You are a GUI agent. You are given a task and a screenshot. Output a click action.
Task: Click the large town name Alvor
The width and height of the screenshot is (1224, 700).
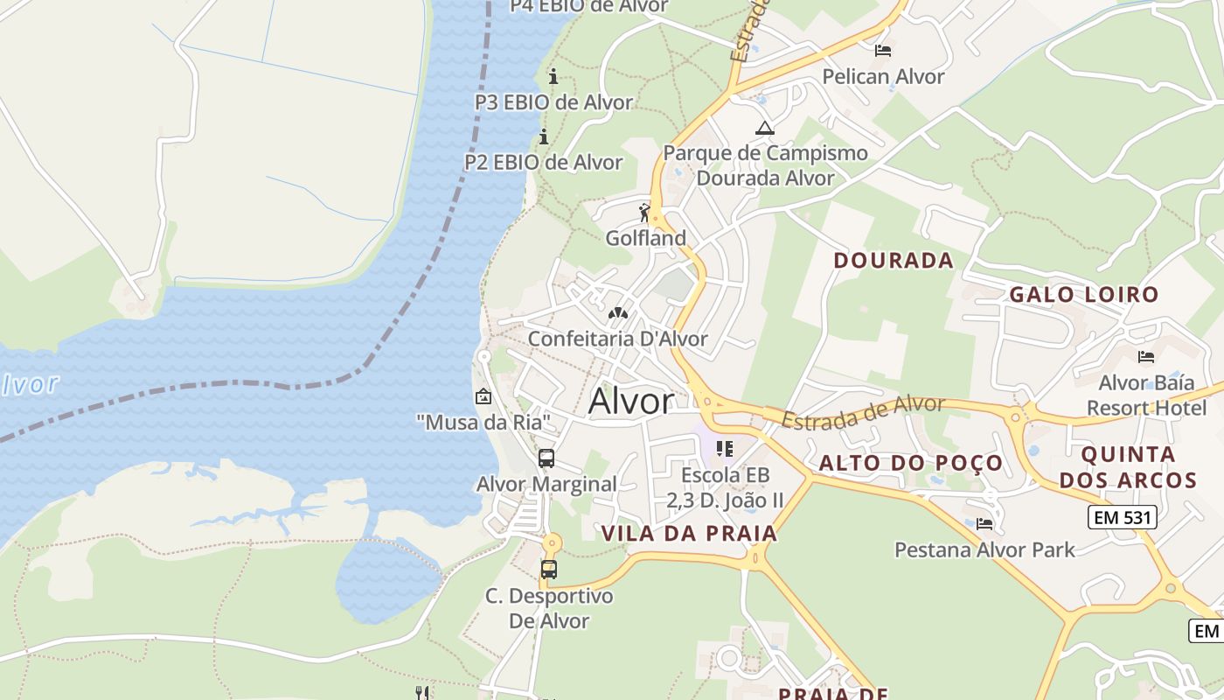(631, 402)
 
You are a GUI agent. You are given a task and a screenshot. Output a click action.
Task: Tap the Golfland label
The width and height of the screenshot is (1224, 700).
(646, 238)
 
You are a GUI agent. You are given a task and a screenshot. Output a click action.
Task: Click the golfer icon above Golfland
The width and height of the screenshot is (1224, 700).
(645, 213)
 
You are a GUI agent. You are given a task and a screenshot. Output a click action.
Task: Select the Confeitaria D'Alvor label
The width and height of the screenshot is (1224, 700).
(617, 339)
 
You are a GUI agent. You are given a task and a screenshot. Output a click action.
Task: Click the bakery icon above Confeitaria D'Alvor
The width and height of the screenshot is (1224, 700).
(617, 312)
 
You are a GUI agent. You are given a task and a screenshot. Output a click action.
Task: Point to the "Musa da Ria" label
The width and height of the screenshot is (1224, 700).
(483, 423)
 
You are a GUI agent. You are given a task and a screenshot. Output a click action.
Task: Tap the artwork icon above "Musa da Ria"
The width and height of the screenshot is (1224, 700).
(483, 396)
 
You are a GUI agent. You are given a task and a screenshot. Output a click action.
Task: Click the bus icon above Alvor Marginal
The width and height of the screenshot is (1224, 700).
(546, 458)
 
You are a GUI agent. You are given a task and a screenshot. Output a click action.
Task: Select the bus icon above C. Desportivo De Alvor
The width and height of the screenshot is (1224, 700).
(549, 570)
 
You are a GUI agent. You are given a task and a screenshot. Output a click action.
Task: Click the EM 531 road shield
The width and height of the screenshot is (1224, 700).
(1123, 517)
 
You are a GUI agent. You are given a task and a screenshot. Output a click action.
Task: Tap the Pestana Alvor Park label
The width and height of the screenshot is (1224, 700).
(984, 549)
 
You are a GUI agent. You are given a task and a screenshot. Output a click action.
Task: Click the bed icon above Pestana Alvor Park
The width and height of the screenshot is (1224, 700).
(984, 524)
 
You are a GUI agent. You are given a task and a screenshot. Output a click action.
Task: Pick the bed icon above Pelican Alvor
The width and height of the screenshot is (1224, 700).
(883, 51)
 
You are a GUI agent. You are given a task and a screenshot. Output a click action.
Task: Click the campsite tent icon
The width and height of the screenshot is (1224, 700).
(765, 128)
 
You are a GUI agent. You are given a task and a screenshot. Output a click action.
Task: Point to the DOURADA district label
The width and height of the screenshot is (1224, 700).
(893, 260)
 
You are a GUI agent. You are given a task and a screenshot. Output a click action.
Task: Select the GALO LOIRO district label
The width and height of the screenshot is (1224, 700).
(1083, 294)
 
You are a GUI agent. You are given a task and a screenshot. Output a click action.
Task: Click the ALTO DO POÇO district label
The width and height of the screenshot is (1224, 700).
(910, 463)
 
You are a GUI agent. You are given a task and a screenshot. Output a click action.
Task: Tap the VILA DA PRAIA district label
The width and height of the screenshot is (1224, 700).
(689, 533)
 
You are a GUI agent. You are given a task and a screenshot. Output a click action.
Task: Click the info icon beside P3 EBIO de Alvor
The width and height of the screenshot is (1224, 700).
(553, 76)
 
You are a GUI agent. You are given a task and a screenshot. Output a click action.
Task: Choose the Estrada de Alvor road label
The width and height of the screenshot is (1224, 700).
(863, 411)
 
